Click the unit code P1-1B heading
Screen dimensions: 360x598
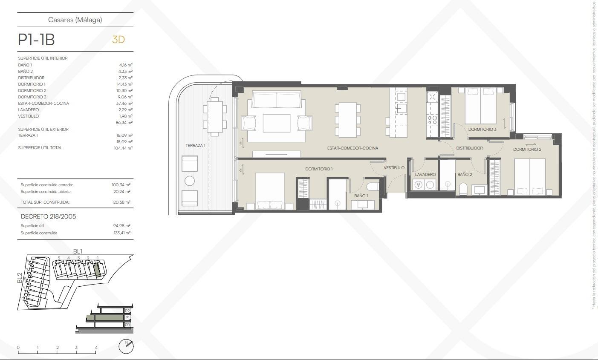(x=36, y=40)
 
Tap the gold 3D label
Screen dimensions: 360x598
(x=118, y=40)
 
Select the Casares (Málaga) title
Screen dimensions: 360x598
(x=75, y=20)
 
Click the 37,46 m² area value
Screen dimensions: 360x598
(x=125, y=104)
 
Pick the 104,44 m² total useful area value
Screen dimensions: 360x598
(x=124, y=148)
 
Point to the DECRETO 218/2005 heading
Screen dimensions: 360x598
(x=49, y=216)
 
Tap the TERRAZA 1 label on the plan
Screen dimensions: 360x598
(x=195, y=146)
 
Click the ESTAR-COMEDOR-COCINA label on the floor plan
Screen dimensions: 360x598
(x=352, y=148)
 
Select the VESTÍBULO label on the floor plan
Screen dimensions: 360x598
(x=394, y=168)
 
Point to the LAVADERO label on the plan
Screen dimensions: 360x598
(x=425, y=175)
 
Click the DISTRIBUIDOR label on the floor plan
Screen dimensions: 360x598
(x=469, y=148)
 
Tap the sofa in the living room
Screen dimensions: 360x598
(x=277, y=100)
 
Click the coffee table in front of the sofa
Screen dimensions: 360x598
(x=277, y=124)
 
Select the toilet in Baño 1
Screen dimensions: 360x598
(x=372, y=187)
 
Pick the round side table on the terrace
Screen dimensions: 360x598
(x=190, y=181)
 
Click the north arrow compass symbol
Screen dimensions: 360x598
(x=126, y=346)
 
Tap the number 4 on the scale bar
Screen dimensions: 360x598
(x=96, y=348)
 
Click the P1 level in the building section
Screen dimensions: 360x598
(x=127, y=318)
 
